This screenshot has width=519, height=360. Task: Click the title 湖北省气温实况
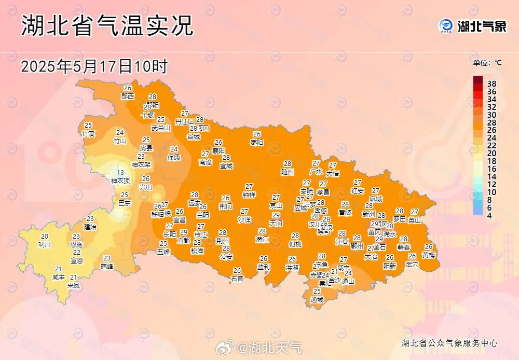tap(107, 25)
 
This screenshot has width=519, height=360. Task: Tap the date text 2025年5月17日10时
tap(94, 66)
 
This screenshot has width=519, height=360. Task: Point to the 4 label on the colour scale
tap(489, 215)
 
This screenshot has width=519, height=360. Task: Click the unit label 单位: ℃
tap(487, 63)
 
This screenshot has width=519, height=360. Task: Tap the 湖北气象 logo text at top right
tap(482, 26)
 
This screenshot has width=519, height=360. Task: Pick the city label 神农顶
tap(120, 181)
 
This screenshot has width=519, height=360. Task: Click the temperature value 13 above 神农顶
tap(120, 173)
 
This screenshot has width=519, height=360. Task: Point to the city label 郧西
tap(128, 96)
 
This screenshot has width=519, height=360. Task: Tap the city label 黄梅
tap(429, 255)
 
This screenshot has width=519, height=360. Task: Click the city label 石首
tap(237, 278)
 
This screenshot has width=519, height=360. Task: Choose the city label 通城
tap(317, 299)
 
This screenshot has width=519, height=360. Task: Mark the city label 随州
tap(288, 171)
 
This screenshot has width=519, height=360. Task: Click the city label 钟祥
tap(249, 195)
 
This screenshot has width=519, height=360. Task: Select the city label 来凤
tap(74, 285)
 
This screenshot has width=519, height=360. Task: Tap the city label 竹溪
tap(88, 133)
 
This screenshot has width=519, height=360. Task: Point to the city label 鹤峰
tap(107, 266)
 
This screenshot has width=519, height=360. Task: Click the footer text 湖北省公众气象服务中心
tap(449, 343)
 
